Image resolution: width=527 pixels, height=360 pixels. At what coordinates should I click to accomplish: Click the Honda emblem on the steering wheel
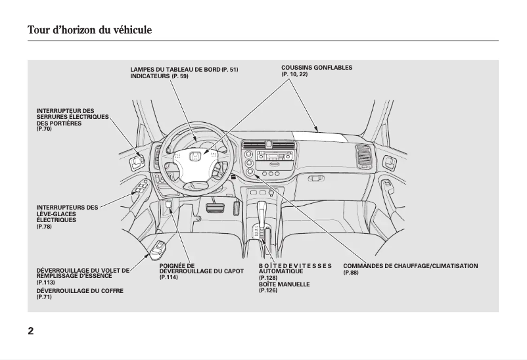pos(195,156)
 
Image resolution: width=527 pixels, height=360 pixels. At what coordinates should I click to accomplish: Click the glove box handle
pos(317,177)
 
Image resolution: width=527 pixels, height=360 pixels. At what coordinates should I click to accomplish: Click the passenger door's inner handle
pos(390,162)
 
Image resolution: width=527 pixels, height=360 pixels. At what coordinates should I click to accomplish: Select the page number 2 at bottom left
pos(31,330)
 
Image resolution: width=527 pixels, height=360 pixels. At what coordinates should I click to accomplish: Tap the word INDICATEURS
pos(150,76)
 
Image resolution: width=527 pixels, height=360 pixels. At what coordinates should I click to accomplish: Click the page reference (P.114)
pos(169,277)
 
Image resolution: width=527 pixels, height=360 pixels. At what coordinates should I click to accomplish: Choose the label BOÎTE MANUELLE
pos(284,284)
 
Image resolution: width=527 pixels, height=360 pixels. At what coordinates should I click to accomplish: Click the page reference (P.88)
pos(351,272)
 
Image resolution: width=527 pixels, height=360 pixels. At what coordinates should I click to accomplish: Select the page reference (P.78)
pos(44,226)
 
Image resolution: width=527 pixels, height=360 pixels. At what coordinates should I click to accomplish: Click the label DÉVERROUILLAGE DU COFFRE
pos(80,290)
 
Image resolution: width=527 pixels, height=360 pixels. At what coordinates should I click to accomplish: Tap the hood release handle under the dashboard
pos(169,206)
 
